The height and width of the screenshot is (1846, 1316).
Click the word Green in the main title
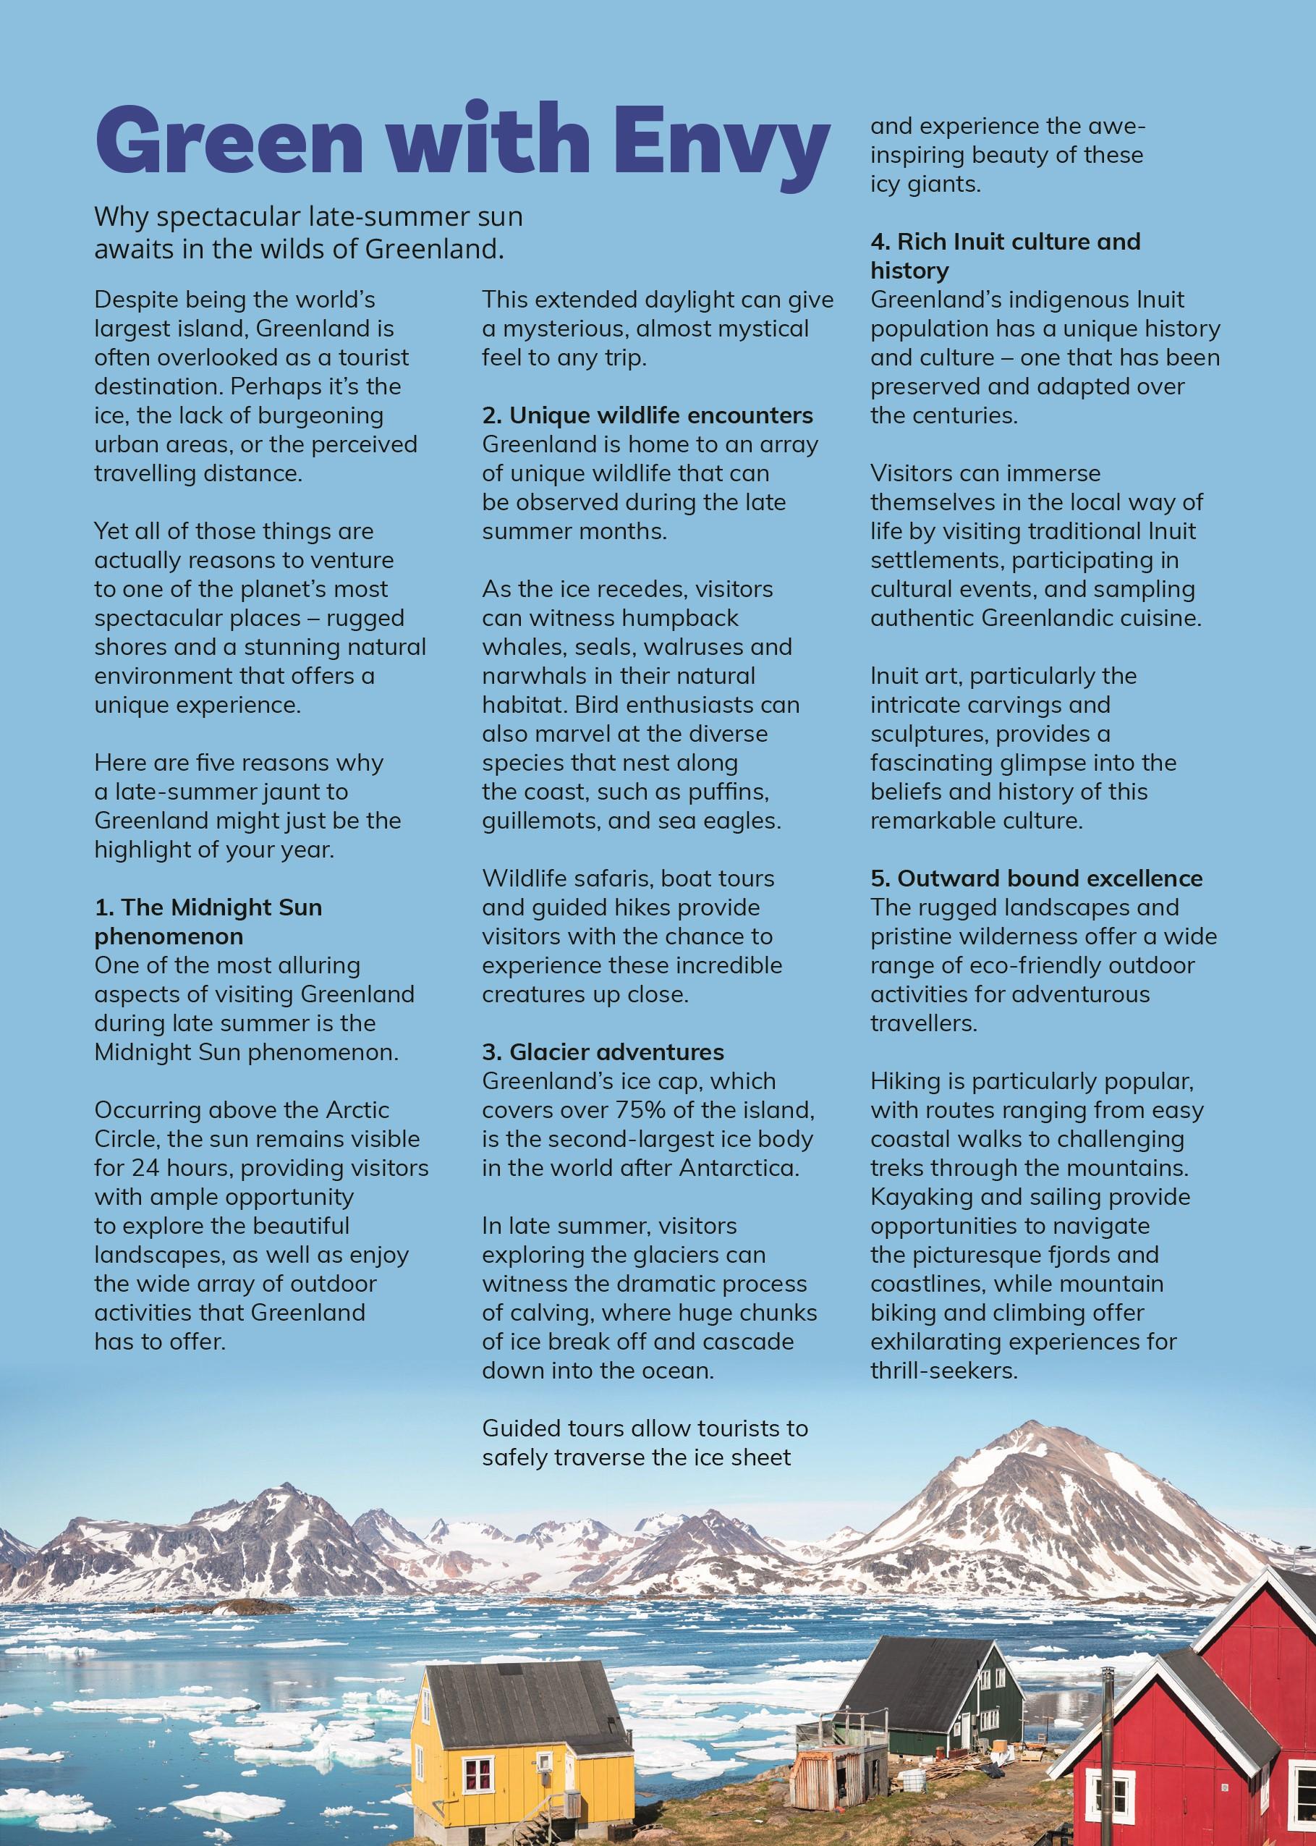click(x=208, y=142)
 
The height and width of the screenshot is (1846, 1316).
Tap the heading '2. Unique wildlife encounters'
click(x=647, y=415)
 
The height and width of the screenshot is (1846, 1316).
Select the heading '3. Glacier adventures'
click(x=603, y=1052)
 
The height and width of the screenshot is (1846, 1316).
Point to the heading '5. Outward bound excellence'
click(x=1037, y=878)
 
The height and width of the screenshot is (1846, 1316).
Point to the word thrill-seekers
click(x=943, y=1371)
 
